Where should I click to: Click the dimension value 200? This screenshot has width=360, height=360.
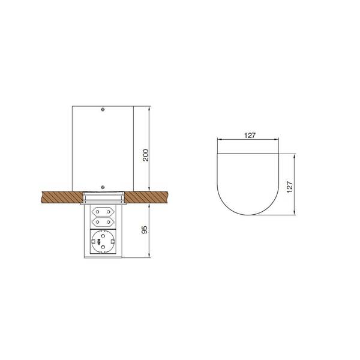click(x=146, y=155)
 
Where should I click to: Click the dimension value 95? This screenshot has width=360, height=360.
click(x=145, y=230)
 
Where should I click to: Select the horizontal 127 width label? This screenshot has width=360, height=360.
click(x=250, y=136)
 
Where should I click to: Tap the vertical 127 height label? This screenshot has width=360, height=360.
click(x=290, y=187)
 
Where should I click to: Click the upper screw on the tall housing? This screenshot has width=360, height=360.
click(x=103, y=110)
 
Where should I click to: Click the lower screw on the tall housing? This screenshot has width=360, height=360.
click(x=103, y=187)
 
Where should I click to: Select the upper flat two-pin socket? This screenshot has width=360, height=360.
click(x=103, y=211)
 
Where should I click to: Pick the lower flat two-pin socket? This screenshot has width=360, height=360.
click(x=103, y=222)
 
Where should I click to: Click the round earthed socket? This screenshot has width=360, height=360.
click(x=103, y=242)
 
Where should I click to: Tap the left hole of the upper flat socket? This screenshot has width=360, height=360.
click(x=97, y=211)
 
